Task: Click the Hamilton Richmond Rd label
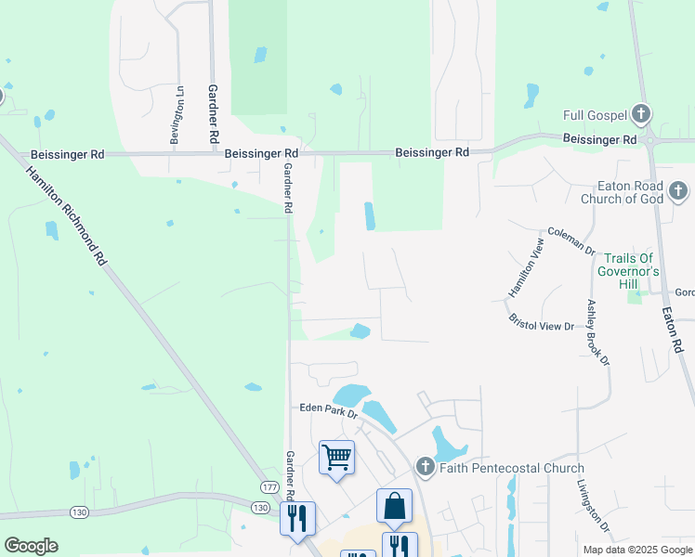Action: (x=67, y=217)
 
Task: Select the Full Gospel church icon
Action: (x=640, y=115)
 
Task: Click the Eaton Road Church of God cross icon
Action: (x=678, y=192)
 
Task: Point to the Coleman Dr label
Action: (x=570, y=240)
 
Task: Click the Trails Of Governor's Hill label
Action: (x=632, y=265)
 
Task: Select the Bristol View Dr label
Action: (x=542, y=322)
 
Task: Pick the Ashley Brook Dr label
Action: (x=597, y=331)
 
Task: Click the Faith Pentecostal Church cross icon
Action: (x=425, y=468)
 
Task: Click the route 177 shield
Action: (x=269, y=487)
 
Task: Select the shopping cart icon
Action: (x=336, y=457)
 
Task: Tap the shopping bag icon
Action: (x=394, y=506)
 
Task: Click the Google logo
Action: (x=31, y=546)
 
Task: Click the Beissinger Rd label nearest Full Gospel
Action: (x=599, y=139)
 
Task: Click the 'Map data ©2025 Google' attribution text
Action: (x=637, y=550)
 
